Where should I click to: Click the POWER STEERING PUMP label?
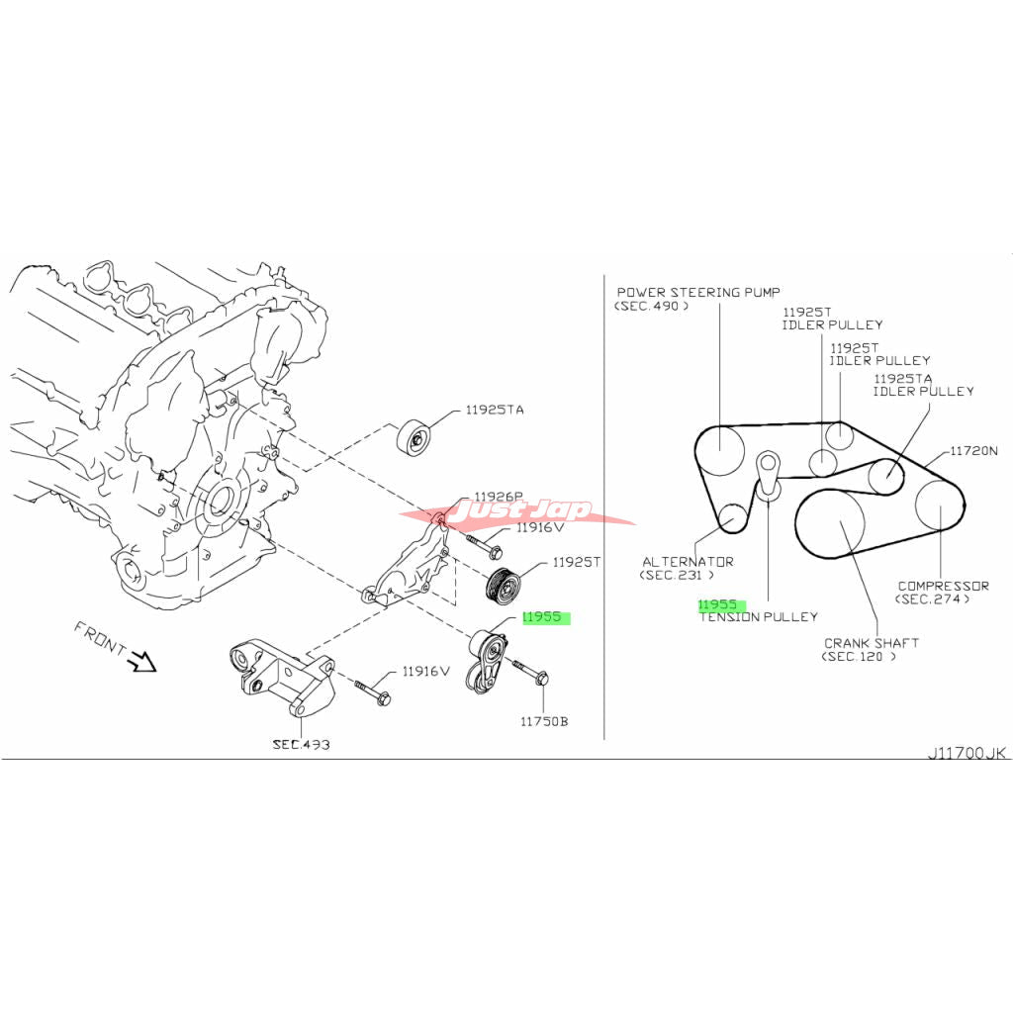(x=698, y=292)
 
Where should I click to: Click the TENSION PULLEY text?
(x=759, y=616)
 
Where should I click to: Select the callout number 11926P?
(x=498, y=497)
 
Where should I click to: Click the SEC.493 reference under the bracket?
(x=301, y=744)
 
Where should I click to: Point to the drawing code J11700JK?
(x=967, y=753)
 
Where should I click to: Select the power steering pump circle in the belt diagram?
(x=719, y=452)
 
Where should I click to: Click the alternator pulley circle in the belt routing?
(x=732, y=517)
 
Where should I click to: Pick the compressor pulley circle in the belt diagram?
(x=937, y=506)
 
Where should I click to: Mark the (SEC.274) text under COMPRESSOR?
(x=932, y=599)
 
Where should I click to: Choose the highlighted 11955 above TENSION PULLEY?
(x=719, y=603)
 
